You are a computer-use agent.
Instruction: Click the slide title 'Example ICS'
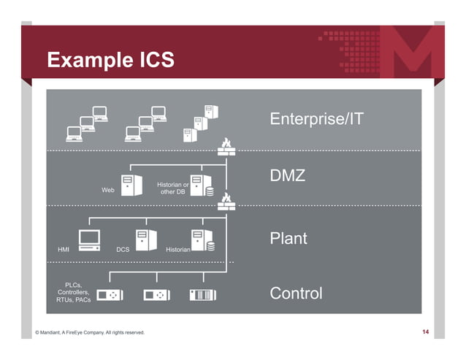pos(110,60)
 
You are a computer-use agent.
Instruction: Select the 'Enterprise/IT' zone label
pos(316,118)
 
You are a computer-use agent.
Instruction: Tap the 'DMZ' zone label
pos(288,177)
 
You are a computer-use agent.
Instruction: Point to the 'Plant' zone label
pos(289,238)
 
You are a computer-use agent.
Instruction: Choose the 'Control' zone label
pos(296,294)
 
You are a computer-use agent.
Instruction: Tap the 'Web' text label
pos(108,190)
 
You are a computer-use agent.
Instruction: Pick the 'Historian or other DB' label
pos(173,188)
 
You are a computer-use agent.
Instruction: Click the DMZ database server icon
pos(201,185)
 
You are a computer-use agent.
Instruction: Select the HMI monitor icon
pos(89,240)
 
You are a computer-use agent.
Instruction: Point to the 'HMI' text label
pos(64,250)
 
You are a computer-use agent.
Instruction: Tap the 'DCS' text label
pos(123,250)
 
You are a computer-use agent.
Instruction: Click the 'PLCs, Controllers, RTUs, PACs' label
pos(74,293)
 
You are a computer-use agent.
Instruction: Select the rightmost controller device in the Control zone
pos(203,295)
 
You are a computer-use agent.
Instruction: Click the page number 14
pos(426,333)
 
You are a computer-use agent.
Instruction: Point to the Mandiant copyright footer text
pos(91,333)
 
